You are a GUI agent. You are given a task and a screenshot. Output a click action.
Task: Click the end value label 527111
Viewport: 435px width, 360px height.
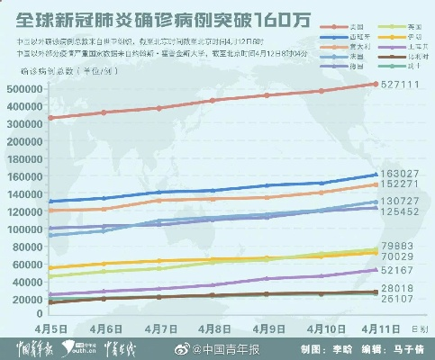click(x=403, y=85)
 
